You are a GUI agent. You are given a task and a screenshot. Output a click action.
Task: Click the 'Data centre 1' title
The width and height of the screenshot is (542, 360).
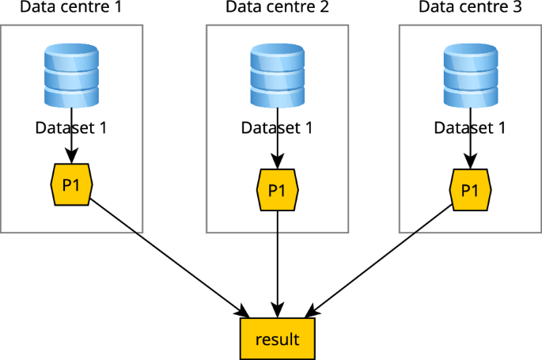[71, 8]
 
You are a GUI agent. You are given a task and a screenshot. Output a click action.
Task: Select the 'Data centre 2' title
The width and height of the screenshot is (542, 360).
[277, 8]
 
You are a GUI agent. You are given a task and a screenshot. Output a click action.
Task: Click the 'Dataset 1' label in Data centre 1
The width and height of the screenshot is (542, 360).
[71, 127]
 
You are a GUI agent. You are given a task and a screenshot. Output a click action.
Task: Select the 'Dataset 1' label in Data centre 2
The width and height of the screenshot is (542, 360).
[277, 127]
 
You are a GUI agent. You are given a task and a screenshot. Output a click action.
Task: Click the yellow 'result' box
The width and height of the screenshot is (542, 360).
[277, 339]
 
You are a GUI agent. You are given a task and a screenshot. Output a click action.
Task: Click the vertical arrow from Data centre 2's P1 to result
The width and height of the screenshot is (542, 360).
[277, 261]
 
